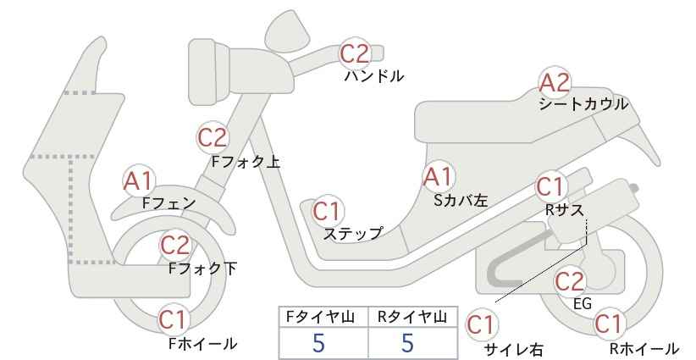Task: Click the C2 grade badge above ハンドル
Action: (355, 53)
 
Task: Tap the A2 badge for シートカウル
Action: (554, 83)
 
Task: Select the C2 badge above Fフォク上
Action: (213, 137)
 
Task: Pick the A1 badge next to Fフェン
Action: (139, 181)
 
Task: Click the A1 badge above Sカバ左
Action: (438, 177)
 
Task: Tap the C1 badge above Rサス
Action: (551, 187)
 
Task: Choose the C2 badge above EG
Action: (570, 281)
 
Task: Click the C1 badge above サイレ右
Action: (481, 325)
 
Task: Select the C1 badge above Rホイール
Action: (608, 324)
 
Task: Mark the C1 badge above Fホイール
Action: (172, 319)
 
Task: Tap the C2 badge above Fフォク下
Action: (175, 246)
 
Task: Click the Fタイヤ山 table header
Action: (320, 317)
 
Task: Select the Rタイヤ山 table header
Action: (412, 317)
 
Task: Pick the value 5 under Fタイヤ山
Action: (318, 343)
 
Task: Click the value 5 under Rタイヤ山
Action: (407, 343)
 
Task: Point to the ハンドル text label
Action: (374, 76)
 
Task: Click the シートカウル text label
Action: (583, 104)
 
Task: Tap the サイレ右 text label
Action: (514, 350)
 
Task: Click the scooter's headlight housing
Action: (208, 72)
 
